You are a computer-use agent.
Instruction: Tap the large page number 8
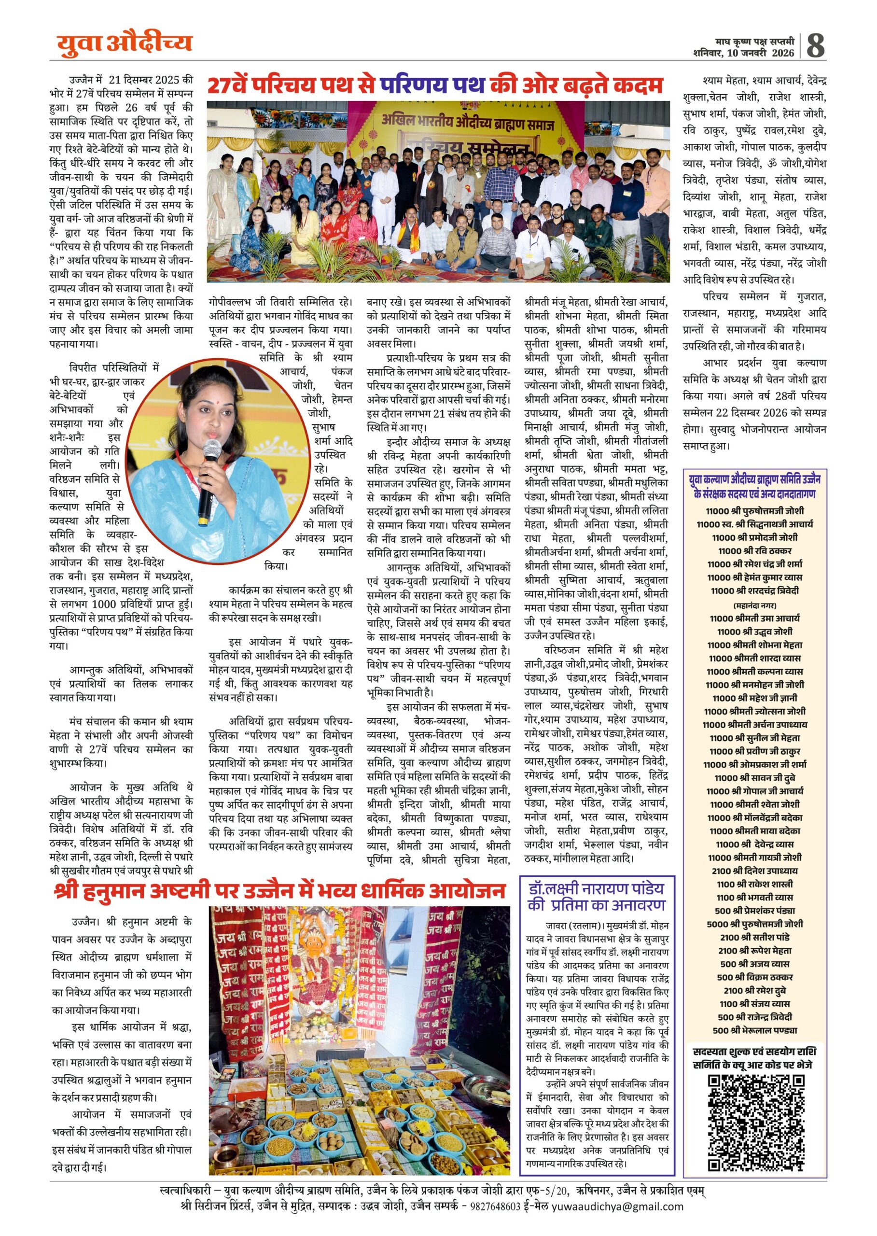[x=815, y=46]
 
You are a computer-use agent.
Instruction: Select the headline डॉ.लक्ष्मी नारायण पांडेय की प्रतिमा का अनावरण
[x=596, y=896]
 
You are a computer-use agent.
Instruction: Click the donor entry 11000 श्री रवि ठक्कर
[x=755, y=551]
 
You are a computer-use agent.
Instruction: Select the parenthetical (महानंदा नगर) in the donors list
[x=755, y=605]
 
